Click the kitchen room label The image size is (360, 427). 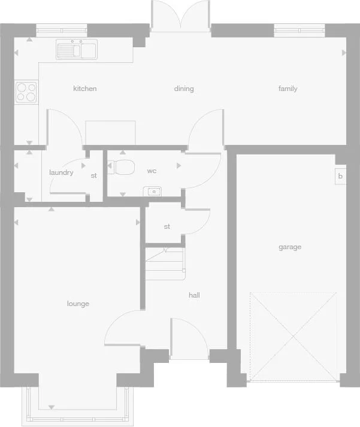[x=84, y=89]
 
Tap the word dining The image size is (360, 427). [x=184, y=89]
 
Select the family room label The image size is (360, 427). [x=288, y=89]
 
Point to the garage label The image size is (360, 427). [x=290, y=247]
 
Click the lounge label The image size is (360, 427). [x=78, y=304]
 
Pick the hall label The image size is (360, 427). [x=194, y=295]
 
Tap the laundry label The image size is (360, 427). [x=61, y=172]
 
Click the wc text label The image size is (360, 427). [x=152, y=171]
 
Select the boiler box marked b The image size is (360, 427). [x=340, y=176]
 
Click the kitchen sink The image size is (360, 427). [x=77, y=49]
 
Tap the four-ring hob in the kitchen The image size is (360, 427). [x=26, y=92]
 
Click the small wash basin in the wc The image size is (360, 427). [x=153, y=191]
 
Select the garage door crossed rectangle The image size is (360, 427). [x=293, y=337]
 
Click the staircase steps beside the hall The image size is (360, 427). [x=165, y=264]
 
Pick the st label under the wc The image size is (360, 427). [x=167, y=226]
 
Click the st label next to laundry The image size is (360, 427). [x=93, y=175]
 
